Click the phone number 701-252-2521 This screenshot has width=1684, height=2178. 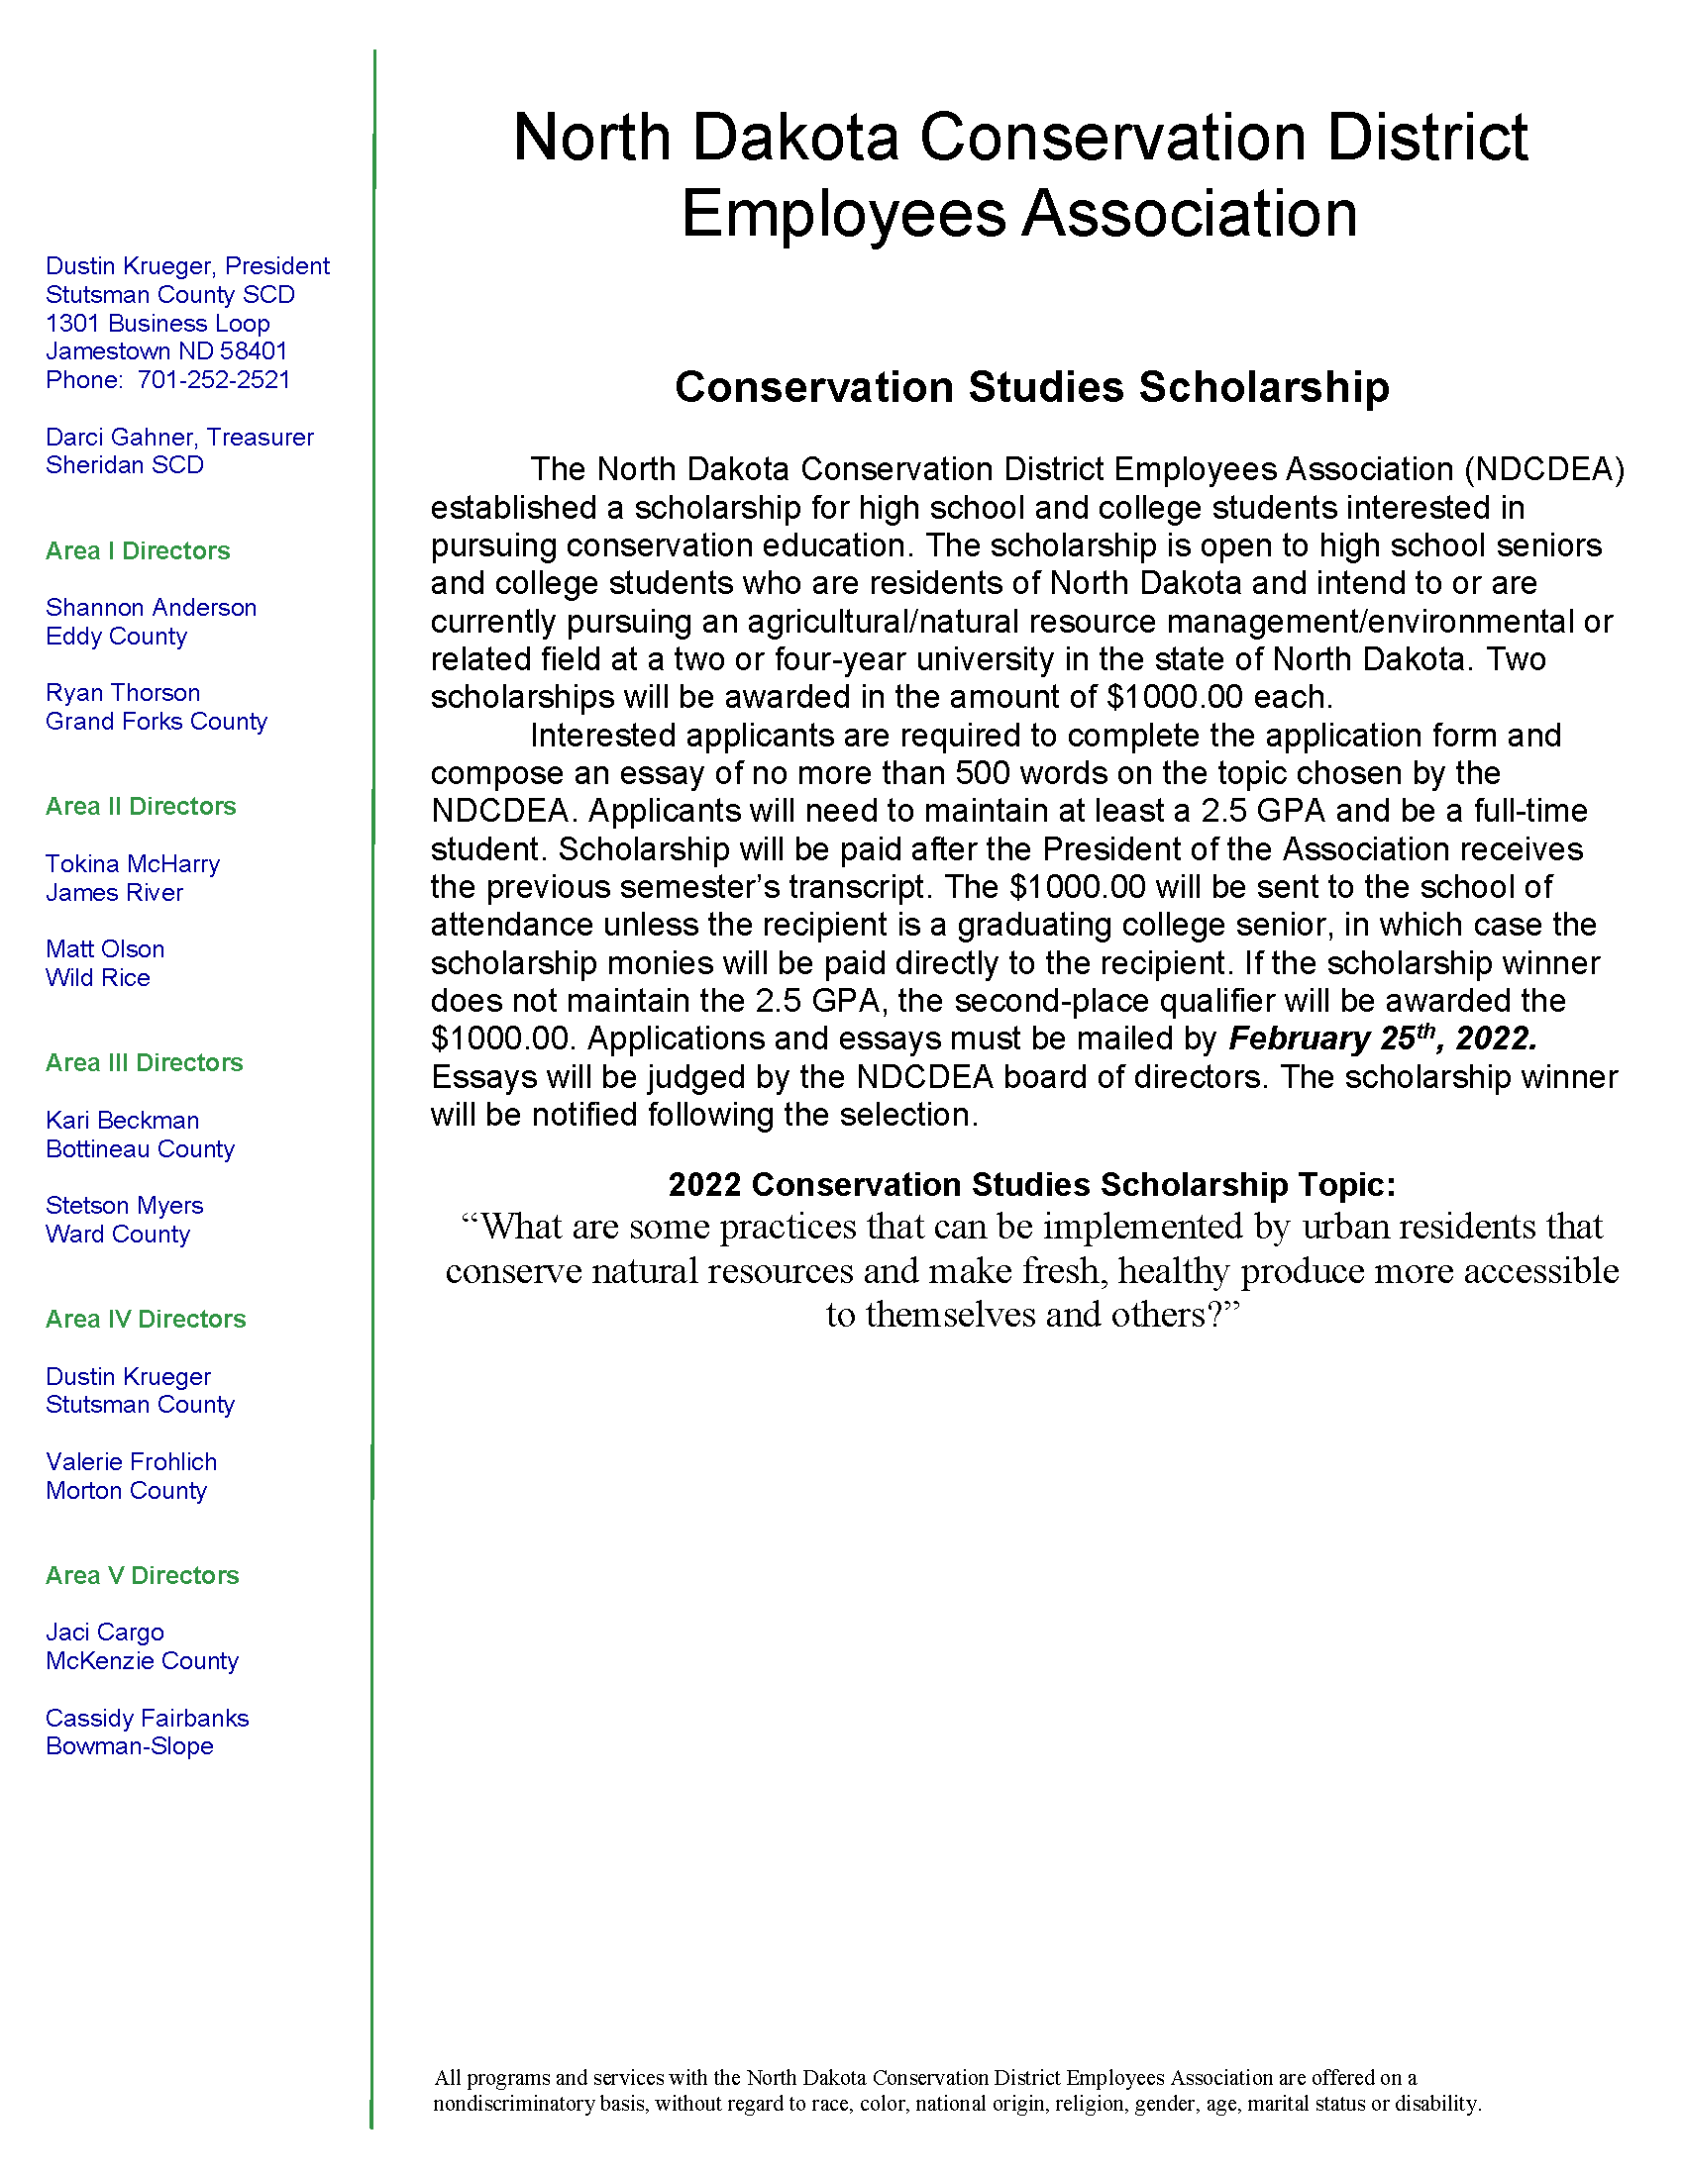tap(214, 380)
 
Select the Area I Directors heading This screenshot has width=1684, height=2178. tap(138, 551)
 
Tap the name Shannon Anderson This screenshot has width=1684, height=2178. tap(151, 608)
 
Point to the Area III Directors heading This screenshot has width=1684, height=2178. tap(144, 1063)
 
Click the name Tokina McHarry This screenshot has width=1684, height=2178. tap(133, 864)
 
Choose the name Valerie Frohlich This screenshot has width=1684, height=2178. tap(131, 1462)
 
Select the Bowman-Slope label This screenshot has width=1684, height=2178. tap(130, 1746)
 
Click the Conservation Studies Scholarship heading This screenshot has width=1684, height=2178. tap(1031, 387)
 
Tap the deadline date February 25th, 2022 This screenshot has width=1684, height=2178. tap(1382, 1039)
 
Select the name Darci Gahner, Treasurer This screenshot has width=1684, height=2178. tap(179, 438)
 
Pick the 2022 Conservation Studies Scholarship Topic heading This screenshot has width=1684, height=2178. tap(1031, 1185)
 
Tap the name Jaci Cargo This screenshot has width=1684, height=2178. tap(105, 1633)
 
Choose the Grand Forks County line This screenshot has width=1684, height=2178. tap(157, 722)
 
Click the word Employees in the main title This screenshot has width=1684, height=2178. tap(844, 214)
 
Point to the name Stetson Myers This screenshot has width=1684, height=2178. tap(125, 1206)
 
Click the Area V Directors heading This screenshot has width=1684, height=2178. tap(143, 1576)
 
